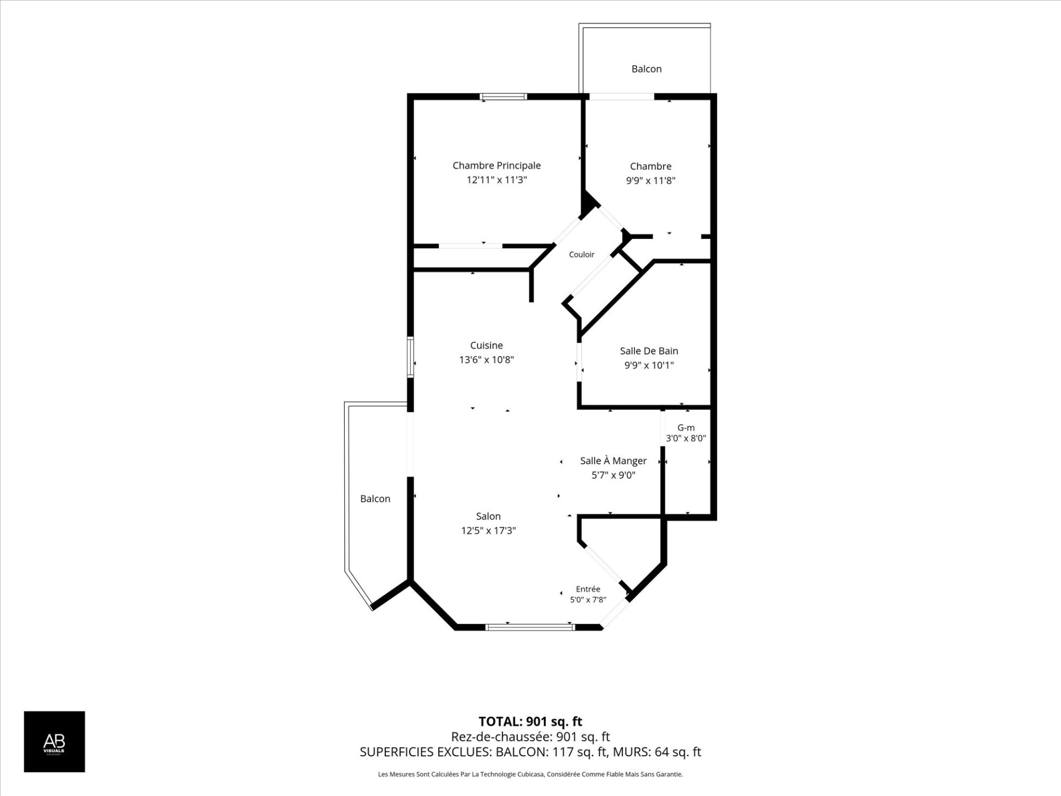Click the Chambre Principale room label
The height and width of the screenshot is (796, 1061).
pos(496,165)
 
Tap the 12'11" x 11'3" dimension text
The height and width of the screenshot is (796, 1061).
pos(496,180)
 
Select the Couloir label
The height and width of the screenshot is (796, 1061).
pos(581,254)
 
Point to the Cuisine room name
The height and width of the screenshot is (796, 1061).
pos(486,345)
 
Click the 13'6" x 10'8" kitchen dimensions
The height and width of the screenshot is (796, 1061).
pos(486,360)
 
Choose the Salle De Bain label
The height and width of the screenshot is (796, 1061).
pos(649,351)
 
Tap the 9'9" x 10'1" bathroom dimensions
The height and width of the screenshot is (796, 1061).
pos(649,365)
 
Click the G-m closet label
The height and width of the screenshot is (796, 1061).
pos(686,427)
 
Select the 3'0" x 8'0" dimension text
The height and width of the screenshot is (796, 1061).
pos(686,438)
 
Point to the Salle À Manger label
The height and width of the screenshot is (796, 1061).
pos(613,460)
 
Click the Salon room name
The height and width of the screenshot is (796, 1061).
pos(489,516)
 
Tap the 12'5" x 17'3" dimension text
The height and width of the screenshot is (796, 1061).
pos(489,531)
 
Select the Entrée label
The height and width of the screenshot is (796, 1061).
pos(588,589)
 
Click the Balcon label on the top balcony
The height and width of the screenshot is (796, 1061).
pos(647,69)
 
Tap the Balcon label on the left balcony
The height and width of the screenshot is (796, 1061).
pos(375,499)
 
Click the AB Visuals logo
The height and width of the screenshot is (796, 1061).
pos(54,741)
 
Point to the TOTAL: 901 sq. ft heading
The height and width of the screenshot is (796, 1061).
pos(530,721)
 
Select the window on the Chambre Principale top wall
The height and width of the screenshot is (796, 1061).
pos(503,97)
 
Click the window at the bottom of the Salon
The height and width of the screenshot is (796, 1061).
pos(530,627)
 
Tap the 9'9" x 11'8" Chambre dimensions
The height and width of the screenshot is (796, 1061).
pos(650,180)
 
